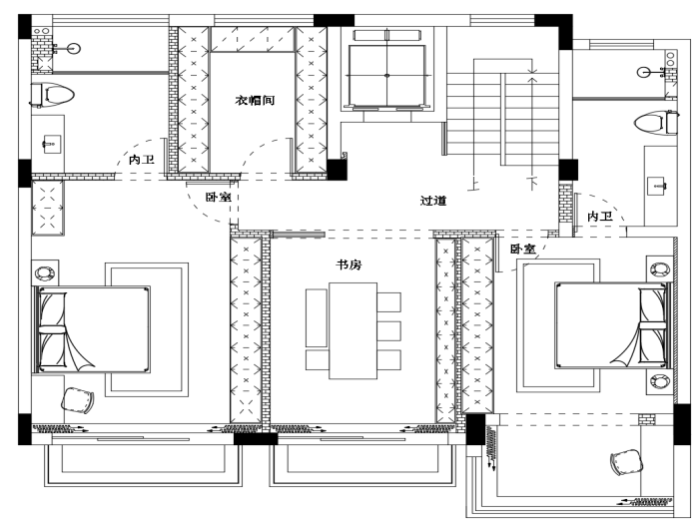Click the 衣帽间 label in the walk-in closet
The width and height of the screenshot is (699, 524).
255,101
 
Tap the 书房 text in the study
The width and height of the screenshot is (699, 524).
349,265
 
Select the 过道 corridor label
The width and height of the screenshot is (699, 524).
432,201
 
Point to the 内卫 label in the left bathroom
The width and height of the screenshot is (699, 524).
141,160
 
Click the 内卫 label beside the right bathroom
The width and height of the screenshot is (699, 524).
599,217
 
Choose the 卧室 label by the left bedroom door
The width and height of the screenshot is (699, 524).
218,198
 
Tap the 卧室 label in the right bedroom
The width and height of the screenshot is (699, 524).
522,249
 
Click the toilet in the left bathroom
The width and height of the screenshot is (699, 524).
55,96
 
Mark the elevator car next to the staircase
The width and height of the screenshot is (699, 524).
385,72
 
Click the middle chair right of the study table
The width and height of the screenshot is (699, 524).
389,330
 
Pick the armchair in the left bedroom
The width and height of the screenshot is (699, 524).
78,400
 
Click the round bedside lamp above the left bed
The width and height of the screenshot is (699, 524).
45,271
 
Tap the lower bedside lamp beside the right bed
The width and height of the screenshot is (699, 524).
660,380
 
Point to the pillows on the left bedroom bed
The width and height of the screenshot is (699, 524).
52,329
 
